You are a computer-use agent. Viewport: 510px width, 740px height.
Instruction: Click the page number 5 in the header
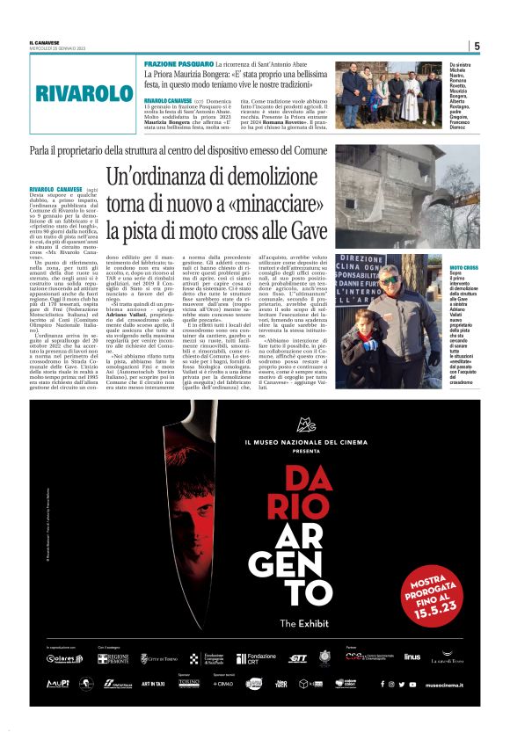477,46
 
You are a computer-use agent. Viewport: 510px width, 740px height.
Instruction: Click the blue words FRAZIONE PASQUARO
178,65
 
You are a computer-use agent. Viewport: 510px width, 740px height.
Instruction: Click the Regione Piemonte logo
113,658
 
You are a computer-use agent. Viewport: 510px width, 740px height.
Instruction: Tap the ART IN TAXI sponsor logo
154,684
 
